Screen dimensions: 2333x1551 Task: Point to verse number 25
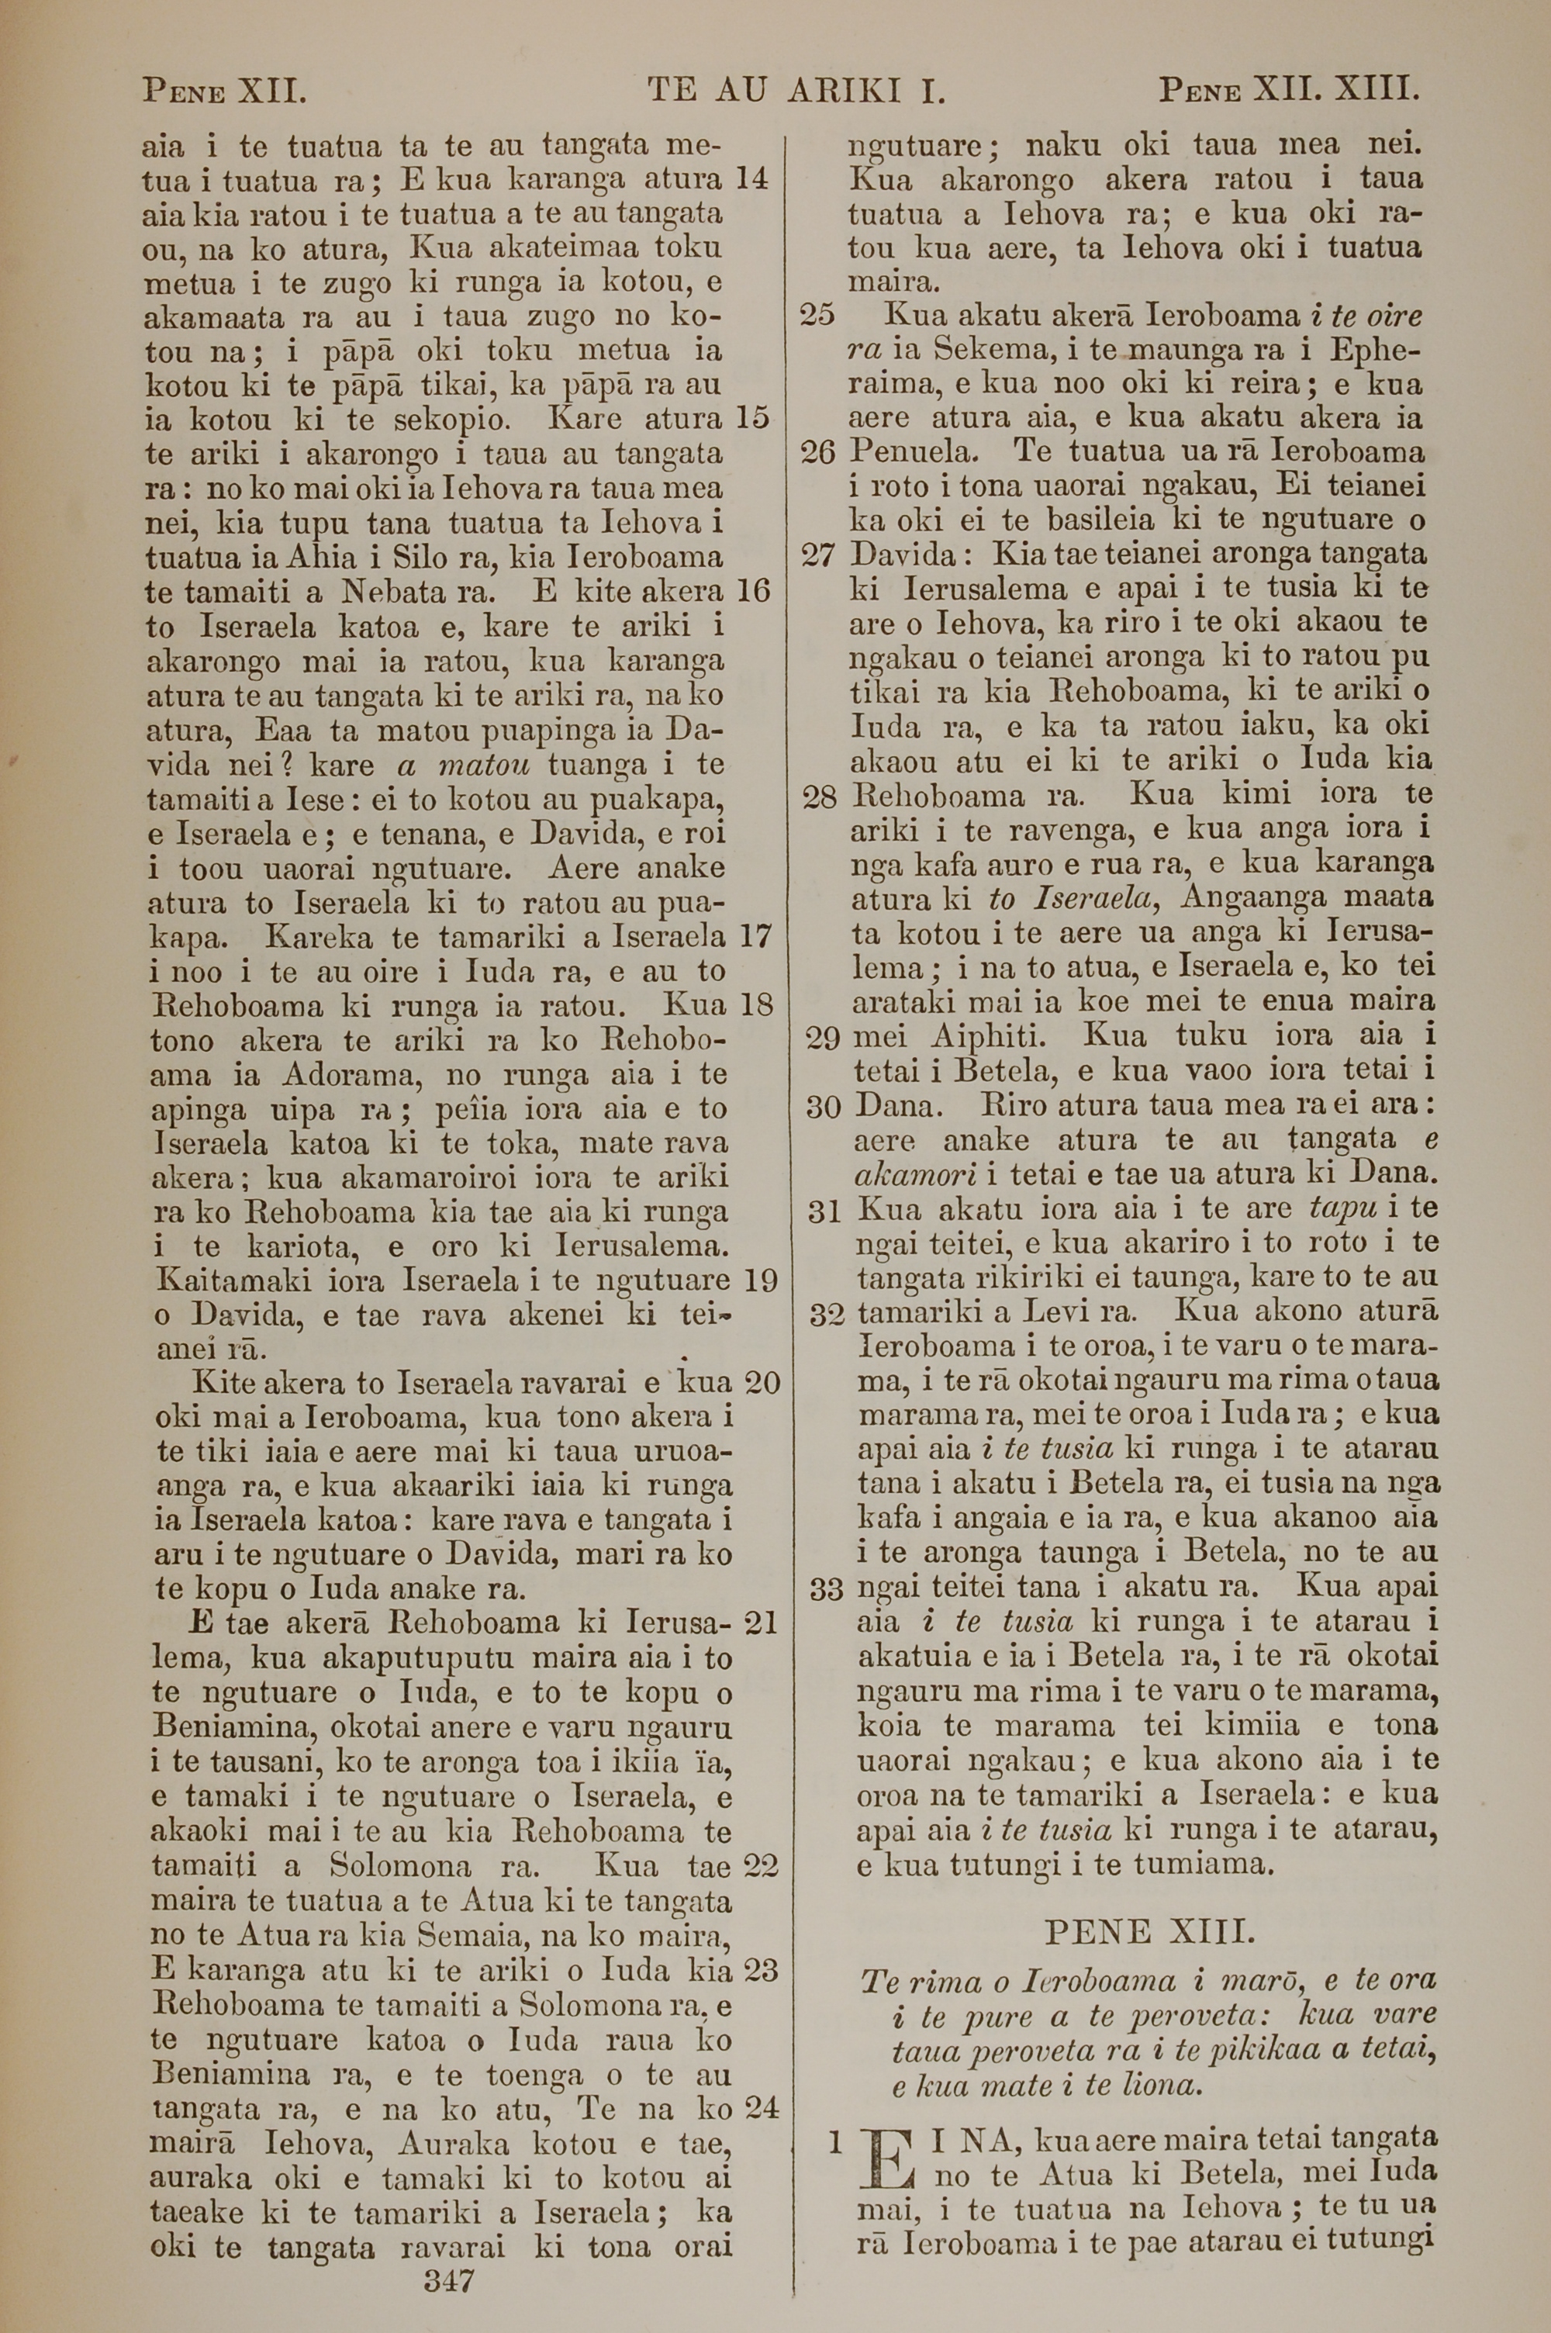(817, 316)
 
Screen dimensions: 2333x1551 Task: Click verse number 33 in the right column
(825, 1589)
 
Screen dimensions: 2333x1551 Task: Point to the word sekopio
(452, 420)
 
